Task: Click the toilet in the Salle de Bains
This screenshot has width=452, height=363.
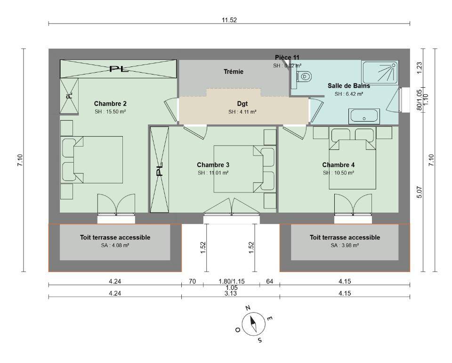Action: (x=304, y=76)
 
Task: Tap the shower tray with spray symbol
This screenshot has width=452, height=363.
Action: (x=380, y=73)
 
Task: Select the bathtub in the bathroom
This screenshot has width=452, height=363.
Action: (x=364, y=116)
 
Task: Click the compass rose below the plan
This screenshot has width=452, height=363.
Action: (x=253, y=324)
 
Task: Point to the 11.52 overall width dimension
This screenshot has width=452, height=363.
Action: (x=229, y=20)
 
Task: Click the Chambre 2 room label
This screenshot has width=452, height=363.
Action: (x=110, y=104)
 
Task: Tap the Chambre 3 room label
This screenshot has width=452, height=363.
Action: (x=213, y=165)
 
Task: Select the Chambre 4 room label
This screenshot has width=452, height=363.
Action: (x=339, y=165)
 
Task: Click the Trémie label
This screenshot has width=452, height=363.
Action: (x=234, y=72)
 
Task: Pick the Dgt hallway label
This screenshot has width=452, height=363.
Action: (x=242, y=104)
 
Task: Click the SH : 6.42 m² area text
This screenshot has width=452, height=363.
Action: (x=349, y=94)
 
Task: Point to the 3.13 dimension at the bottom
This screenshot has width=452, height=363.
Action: (x=231, y=293)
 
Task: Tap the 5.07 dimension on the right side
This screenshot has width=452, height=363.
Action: (x=420, y=192)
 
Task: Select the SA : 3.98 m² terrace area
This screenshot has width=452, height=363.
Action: (x=345, y=245)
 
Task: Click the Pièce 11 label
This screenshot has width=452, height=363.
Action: (x=287, y=58)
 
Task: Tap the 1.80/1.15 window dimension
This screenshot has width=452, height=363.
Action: (x=232, y=281)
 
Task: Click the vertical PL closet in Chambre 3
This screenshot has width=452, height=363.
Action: (x=160, y=169)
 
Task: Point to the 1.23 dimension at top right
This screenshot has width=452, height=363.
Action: (x=420, y=68)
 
